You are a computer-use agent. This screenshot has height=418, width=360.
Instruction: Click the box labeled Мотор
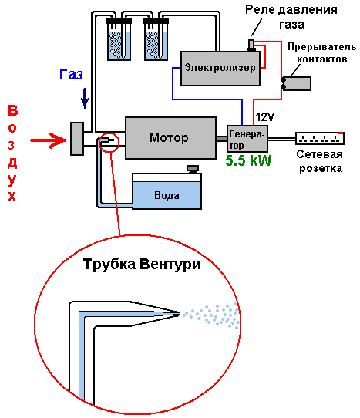pyautogui.click(x=170, y=138)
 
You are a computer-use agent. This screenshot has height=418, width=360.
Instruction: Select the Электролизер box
pyautogui.click(x=220, y=69)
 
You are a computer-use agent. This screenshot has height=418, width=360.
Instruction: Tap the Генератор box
pyautogui.click(x=247, y=138)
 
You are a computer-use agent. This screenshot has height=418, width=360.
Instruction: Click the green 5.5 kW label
pyautogui.click(x=248, y=160)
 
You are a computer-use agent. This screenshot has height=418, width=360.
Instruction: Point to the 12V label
pyautogui.click(x=264, y=116)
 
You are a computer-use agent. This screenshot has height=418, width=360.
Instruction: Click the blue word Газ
pyautogui.click(x=71, y=74)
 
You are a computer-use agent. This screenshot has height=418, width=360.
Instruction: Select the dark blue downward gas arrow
pyautogui.click(x=85, y=99)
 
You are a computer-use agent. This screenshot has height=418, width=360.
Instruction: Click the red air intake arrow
pyautogui.click(x=49, y=140)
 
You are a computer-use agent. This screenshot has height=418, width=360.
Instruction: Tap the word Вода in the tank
pyautogui.click(x=167, y=195)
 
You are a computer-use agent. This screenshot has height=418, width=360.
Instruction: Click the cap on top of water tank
pyautogui.click(x=193, y=169)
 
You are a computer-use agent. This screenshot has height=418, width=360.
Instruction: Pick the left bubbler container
pyautogui.click(x=119, y=39)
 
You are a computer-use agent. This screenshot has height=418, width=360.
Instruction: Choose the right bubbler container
pyautogui.click(x=156, y=39)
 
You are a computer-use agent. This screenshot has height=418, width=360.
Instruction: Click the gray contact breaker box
pyautogui.click(x=296, y=83)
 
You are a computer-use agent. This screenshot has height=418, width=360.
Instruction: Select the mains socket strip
pyautogui.click(x=320, y=138)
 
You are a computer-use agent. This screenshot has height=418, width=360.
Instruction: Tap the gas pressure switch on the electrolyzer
pyautogui.click(x=251, y=46)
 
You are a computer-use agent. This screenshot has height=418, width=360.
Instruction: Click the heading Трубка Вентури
pyautogui.click(x=142, y=265)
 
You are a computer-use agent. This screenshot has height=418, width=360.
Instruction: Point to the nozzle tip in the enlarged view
pyautogui.click(x=179, y=314)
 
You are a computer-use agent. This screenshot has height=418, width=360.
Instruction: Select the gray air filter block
pyautogui.click(x=77, y=139)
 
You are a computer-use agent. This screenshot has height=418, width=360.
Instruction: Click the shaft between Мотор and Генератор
pyautogui.click(x=221, y=139)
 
